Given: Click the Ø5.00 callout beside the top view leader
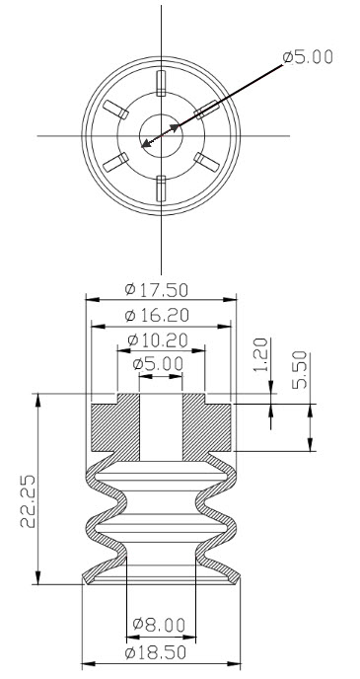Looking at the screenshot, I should click(x=308, y=57).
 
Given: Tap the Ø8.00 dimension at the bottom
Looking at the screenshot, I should click(x=158, y=625).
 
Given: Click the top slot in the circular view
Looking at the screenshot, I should click(x=160, y=80).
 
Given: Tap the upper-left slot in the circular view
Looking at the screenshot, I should click(x=114, y=108).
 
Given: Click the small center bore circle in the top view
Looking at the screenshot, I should click(x=159, y=133).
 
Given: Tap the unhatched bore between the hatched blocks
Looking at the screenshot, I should click(x=160, y=424).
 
